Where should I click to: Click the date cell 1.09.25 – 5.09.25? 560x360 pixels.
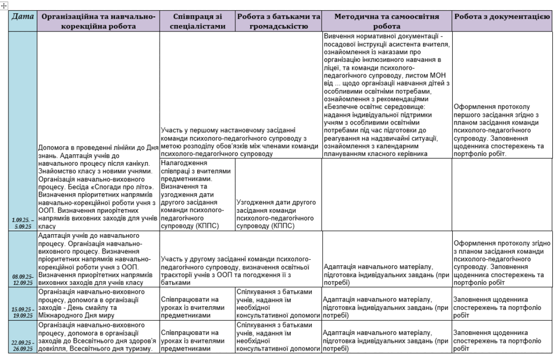click(21, 223)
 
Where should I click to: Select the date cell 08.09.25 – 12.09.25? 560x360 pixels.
click(21, 280)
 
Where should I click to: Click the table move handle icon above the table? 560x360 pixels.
click(4, 4)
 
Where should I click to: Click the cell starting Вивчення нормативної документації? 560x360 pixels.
click(387, 95)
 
